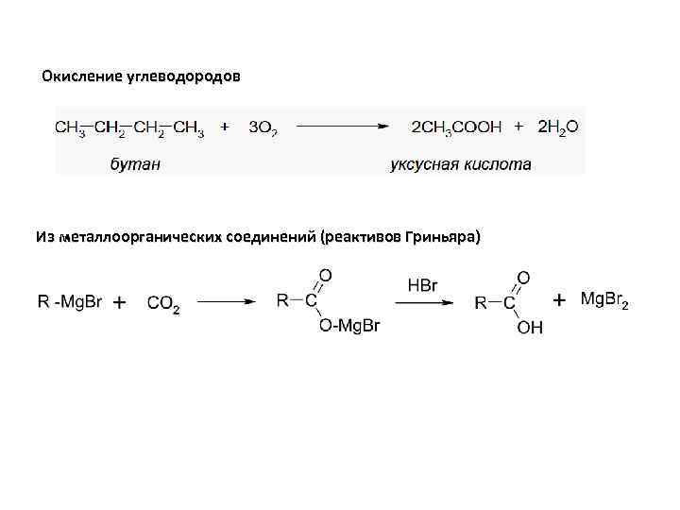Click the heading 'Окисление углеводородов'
point(141,76)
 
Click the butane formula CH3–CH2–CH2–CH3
point(129,127)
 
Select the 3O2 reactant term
point(263,127)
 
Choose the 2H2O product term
point(558,127)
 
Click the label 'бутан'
point(135,164)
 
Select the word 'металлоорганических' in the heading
point(140,235)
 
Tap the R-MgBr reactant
point(70,301)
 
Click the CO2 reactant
point(163,303)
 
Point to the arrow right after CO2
point(226,302)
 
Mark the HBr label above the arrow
point(422,284)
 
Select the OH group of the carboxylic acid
point(530,327)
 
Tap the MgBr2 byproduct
point(603,300)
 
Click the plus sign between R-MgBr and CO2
point(121,302)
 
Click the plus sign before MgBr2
point(559,300)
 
